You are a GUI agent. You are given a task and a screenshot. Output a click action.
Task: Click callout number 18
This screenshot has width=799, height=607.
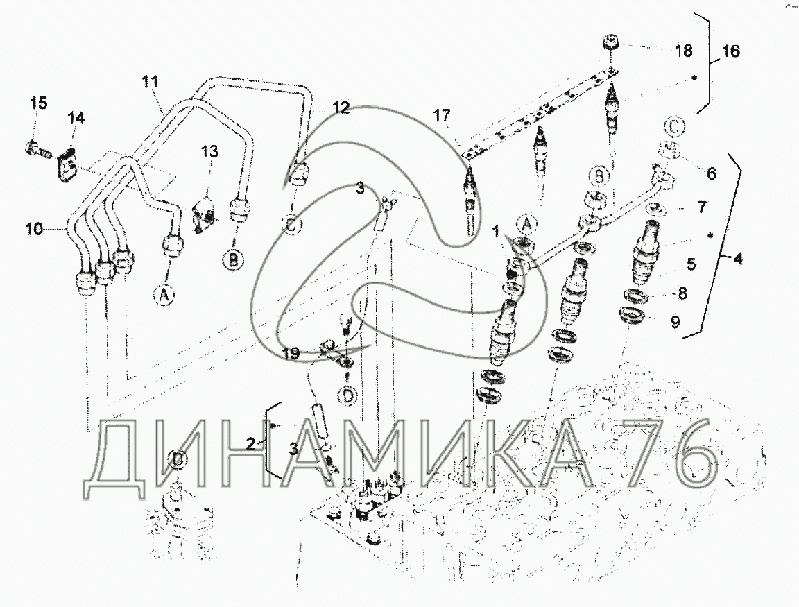[683, 51]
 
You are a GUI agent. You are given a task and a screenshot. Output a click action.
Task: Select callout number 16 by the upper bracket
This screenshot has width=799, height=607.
[731, 51]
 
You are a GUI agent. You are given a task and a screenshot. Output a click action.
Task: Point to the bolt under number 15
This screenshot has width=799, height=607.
[37, 151]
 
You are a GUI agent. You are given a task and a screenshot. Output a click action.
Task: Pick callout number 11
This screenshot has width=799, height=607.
[150, 82]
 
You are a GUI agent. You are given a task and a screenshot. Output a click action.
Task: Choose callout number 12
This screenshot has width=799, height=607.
[341, 108]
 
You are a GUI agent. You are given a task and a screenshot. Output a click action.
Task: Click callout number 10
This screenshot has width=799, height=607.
[35, 229]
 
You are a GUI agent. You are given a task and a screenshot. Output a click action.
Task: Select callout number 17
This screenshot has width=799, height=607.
[442, 116]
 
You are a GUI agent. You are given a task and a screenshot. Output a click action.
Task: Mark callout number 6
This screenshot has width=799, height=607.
[712, 173]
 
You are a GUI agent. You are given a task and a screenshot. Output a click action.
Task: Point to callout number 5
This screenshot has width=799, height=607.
[691, 264]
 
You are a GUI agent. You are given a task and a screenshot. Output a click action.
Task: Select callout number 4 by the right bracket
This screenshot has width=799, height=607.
[737, 259]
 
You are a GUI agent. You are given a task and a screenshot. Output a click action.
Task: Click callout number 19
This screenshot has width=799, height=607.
[291, 354]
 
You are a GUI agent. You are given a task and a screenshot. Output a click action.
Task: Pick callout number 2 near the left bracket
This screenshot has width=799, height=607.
[250, 444]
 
